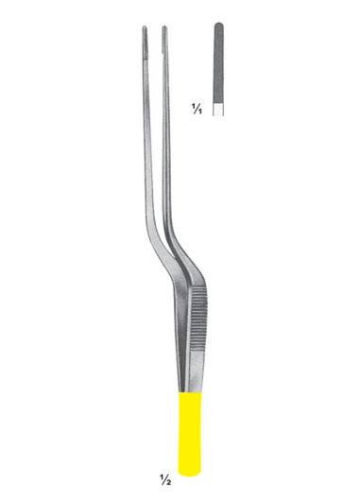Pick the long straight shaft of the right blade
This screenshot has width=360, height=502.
pyautogui.click(x=167, y=142)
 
